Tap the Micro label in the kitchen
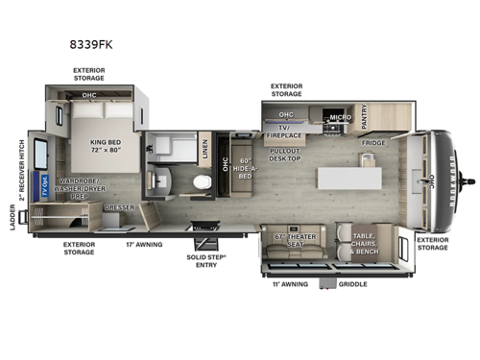340,118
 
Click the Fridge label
373,143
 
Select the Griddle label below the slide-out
352,284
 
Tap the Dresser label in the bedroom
118,207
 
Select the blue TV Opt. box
45,190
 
